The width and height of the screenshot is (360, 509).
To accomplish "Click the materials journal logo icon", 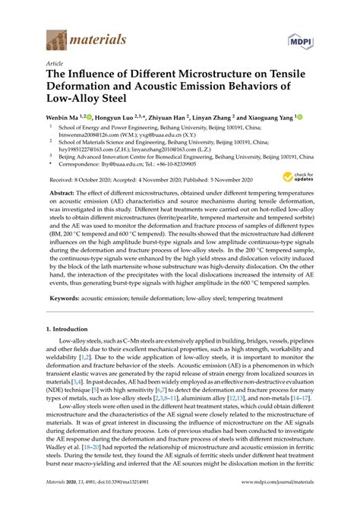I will click(57, 40).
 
